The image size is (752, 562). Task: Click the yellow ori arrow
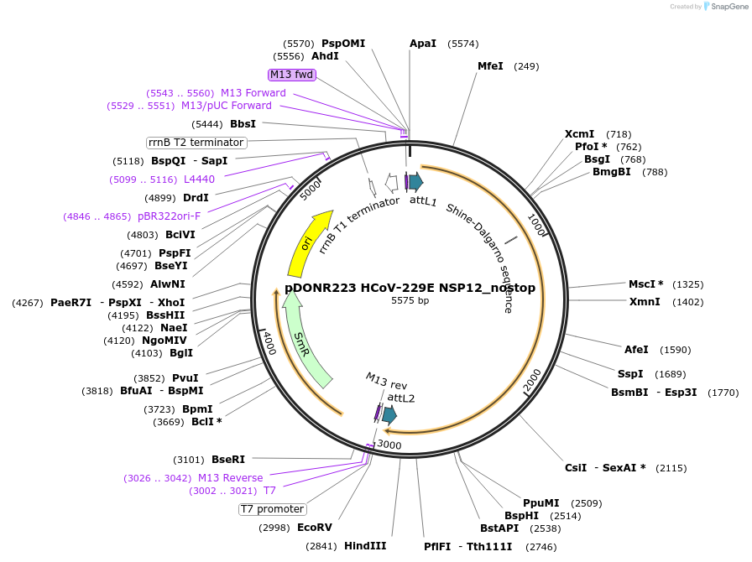click(308, 243)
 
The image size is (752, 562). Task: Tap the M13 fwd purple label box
click(291, 75)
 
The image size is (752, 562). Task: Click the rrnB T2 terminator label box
click(196, 143)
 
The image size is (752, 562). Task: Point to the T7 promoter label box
click(273, 509)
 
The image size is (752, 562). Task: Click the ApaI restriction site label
click(423, 44)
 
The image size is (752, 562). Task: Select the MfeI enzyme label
click(490, 66)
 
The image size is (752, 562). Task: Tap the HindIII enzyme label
click(365, 546)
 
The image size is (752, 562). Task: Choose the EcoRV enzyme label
click(315, 528)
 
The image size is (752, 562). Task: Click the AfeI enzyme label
click(636, 350)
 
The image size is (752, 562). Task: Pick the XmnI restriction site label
click(645, 302)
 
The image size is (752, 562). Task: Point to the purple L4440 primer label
click(199, 180)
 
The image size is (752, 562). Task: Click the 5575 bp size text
click(410, 300)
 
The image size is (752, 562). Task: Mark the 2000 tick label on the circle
click(532, 381)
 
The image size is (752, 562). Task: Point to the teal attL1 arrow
click(415, 181)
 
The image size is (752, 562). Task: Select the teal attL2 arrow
click(389, 414)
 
